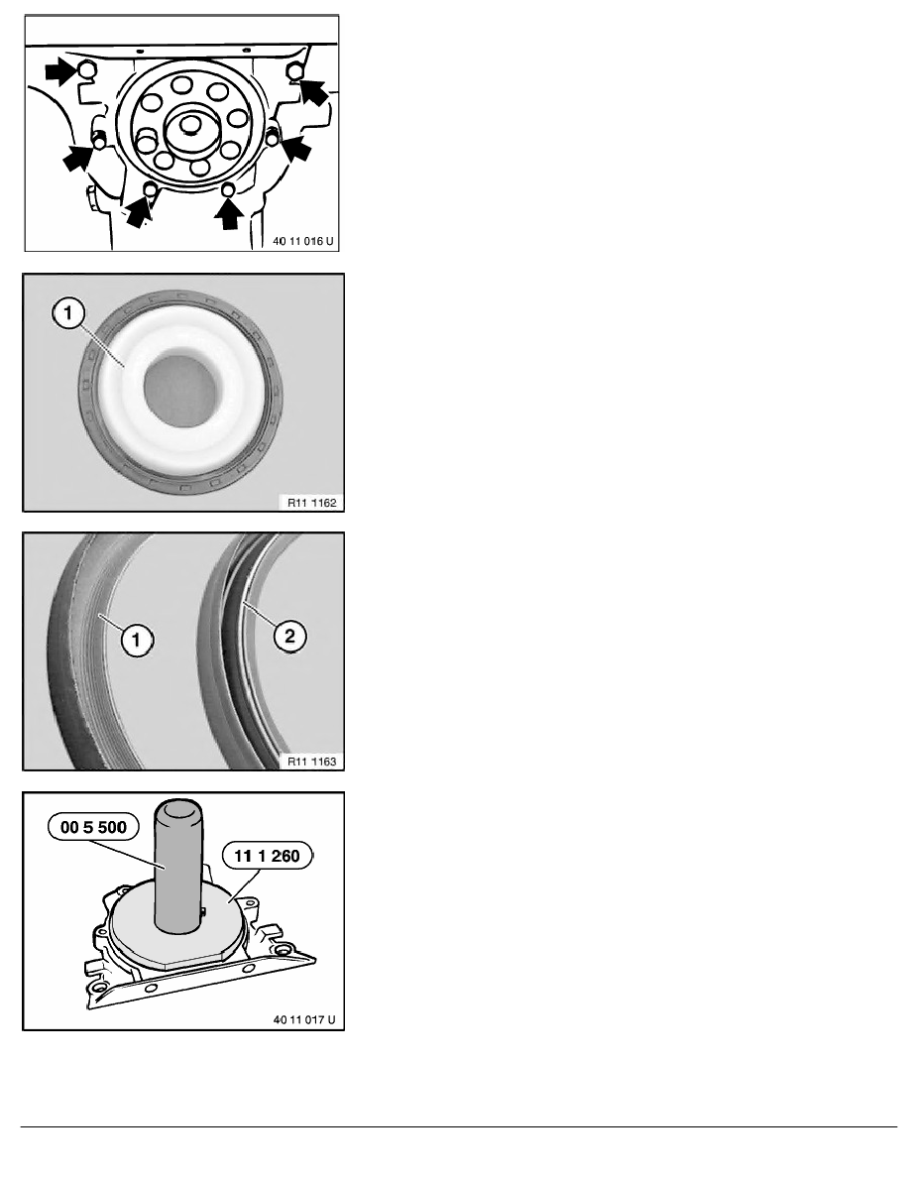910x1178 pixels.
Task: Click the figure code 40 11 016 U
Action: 302,241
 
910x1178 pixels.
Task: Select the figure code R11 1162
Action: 311,503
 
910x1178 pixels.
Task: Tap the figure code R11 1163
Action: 311,762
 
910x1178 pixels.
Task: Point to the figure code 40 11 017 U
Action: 304,1019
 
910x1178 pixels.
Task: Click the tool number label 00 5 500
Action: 93,827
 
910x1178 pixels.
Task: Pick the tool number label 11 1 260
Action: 267,856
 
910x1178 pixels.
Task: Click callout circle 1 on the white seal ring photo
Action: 68,312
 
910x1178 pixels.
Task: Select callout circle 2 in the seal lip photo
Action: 289,637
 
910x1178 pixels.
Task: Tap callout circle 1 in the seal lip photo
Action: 136,641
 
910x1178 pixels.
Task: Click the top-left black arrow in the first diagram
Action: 60,72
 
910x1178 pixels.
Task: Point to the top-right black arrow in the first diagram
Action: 314,91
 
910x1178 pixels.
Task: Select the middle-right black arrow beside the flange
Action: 295,147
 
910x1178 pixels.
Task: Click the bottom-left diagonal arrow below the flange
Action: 139,211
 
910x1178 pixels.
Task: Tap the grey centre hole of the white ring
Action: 180,389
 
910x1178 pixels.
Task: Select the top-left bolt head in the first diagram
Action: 87,70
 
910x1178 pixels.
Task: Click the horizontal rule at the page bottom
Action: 459,1126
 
